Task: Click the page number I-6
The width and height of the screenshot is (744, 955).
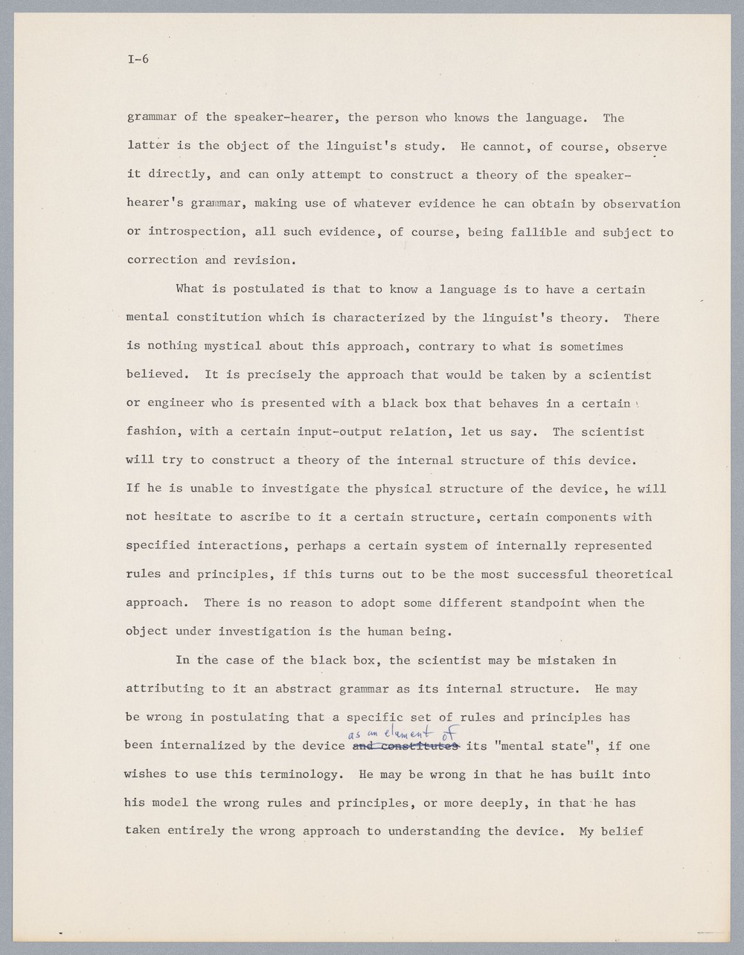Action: [x=138, y=60]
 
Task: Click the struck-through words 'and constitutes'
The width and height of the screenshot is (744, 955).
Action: [x=405, y=746]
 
